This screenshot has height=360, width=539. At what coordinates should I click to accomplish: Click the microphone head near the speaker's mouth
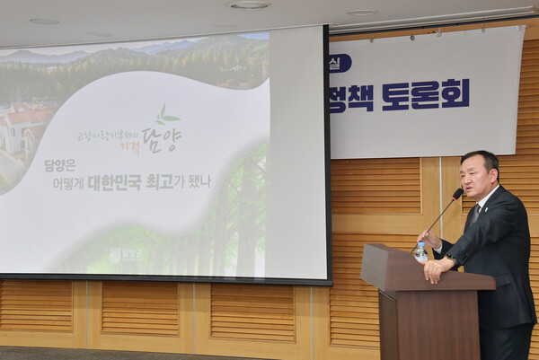coord(458,193)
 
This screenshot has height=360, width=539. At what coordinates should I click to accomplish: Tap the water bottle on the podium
coord(420,252)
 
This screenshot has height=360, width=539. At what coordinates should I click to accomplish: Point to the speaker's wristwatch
coord(450,261)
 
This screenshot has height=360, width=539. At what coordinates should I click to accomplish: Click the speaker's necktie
coord(474,215)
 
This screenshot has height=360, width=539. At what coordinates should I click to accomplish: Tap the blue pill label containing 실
coord(340,63)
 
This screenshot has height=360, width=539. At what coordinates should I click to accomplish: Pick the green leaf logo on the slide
coord(166,114)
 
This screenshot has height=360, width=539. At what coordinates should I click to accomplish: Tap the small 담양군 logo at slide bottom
coord(126,255)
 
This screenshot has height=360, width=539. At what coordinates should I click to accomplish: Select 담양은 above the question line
coord(60,165)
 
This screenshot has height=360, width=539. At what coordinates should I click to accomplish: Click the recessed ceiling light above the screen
coord(249,4)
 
